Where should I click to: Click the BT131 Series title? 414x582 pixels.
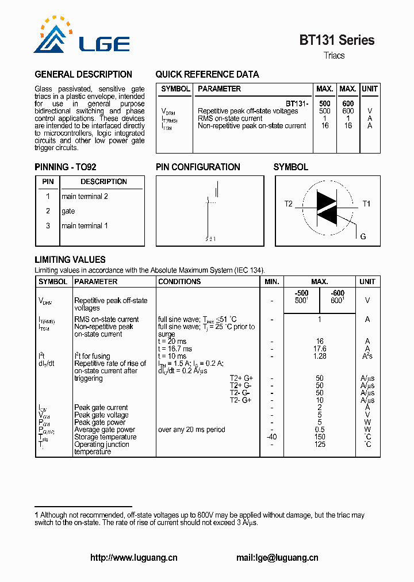pyautogui.click(x=336, y=40)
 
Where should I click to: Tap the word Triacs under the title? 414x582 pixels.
pyautogui.click(x=334, y=56)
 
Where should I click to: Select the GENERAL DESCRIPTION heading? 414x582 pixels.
pyautogui.click(x=83, y=75)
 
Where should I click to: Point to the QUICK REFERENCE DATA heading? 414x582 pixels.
pyautogui.click(x=207, y=75)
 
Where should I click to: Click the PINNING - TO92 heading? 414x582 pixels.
pyautogui.click(x=66, y=167)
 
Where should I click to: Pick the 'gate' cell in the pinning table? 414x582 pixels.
pyautogui.click(x=68, y=211)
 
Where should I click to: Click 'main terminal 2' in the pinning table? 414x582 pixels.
pyautogui.click(x=85, y=197)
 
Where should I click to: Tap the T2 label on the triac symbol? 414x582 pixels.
pyautogui.click(x=289, y=204)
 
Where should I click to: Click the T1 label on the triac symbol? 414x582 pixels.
pyautogui.click(x=366, y=204)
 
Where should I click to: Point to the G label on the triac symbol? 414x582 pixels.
pyautogui.click(x=363, y=237)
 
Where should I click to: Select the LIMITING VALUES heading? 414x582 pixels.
pyautogui.click(x=70, y=260)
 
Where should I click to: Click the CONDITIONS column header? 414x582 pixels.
pyautogui.click(x=179, y=282)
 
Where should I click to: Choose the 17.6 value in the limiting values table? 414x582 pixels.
pyautogui.click(x=320, y=349)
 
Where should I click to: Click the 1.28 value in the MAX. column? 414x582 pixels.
pyautogui.click(x=320, y=357)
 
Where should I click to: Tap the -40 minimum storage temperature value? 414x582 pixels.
pyautogui.click(x=272, y=437)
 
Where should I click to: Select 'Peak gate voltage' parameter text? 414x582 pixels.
pyautogui.click(x=101, y=415)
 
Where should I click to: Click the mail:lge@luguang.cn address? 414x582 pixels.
pyautogui.click(x=277, y=558)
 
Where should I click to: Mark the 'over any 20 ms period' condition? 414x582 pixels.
pyautogui.click(x=191, y=430)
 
